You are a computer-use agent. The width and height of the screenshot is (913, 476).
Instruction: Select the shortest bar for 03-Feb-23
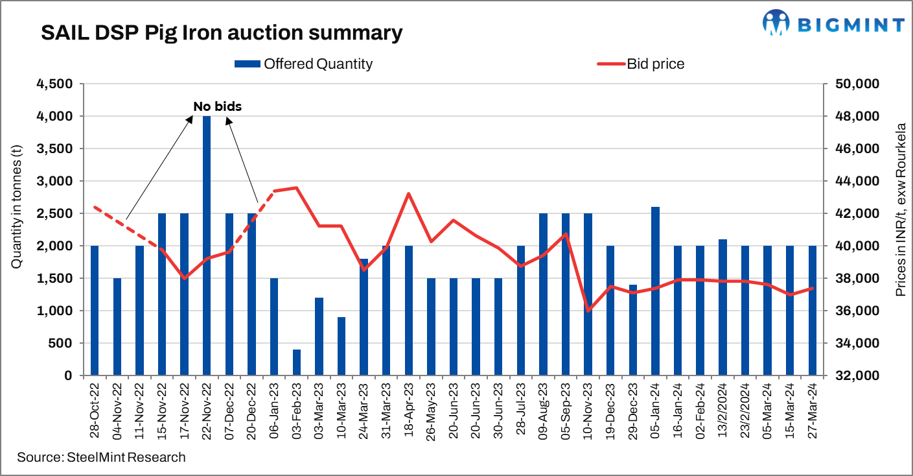point(297,363)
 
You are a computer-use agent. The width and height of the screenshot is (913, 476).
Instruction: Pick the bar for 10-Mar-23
point(341,346)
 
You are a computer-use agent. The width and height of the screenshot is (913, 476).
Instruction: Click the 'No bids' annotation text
point(217,106)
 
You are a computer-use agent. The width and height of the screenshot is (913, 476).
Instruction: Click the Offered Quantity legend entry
point(305,64)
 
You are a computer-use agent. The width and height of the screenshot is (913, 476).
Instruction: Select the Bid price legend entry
point(641,64)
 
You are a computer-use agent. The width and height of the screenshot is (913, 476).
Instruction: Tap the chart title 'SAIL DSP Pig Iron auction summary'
point(221,32)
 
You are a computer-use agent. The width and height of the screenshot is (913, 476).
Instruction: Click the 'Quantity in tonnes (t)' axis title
point(17,230)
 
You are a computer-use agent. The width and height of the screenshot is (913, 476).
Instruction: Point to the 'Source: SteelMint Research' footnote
point(101,457)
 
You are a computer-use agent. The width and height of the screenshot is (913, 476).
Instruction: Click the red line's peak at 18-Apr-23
point(409,193)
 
